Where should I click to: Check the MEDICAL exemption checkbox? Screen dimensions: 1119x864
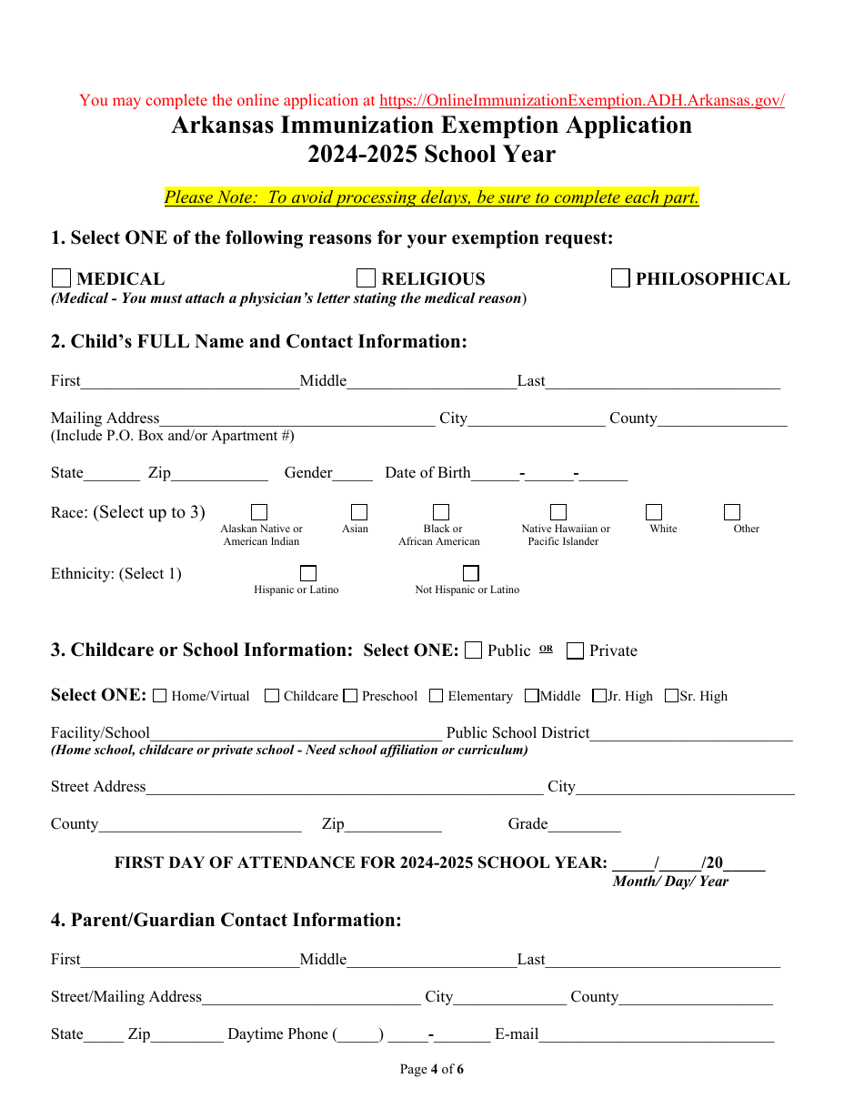pos(61,278)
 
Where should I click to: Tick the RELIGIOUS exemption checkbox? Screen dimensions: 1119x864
pos(366,278)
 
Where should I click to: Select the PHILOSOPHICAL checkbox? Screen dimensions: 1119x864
pos(620,278)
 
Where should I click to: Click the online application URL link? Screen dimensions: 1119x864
pos(581,101)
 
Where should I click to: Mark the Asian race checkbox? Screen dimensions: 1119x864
pos(359,512)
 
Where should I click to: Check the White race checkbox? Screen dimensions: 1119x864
pos(654,512)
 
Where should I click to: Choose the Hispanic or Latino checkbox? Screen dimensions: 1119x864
pos(308,573)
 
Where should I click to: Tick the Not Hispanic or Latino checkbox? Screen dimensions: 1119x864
pos(470,573)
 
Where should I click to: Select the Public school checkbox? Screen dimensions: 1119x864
pos(473,650)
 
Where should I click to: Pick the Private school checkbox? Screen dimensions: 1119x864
pos(575,650)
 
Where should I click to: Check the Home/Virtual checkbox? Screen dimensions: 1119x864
pos(160,696)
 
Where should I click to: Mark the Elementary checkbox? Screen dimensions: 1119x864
pos(437,696)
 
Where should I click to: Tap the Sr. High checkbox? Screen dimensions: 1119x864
pos(671,696)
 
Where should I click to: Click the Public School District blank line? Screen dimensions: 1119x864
pos(691,733)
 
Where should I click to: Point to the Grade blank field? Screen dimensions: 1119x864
pos(584,824)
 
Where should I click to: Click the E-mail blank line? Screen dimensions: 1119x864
pos(657,1034)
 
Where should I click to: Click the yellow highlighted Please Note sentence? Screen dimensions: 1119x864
pos(432,197)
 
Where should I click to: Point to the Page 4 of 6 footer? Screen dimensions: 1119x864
pos(432,1069)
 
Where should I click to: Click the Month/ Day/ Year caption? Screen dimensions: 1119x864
pos(670,882)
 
